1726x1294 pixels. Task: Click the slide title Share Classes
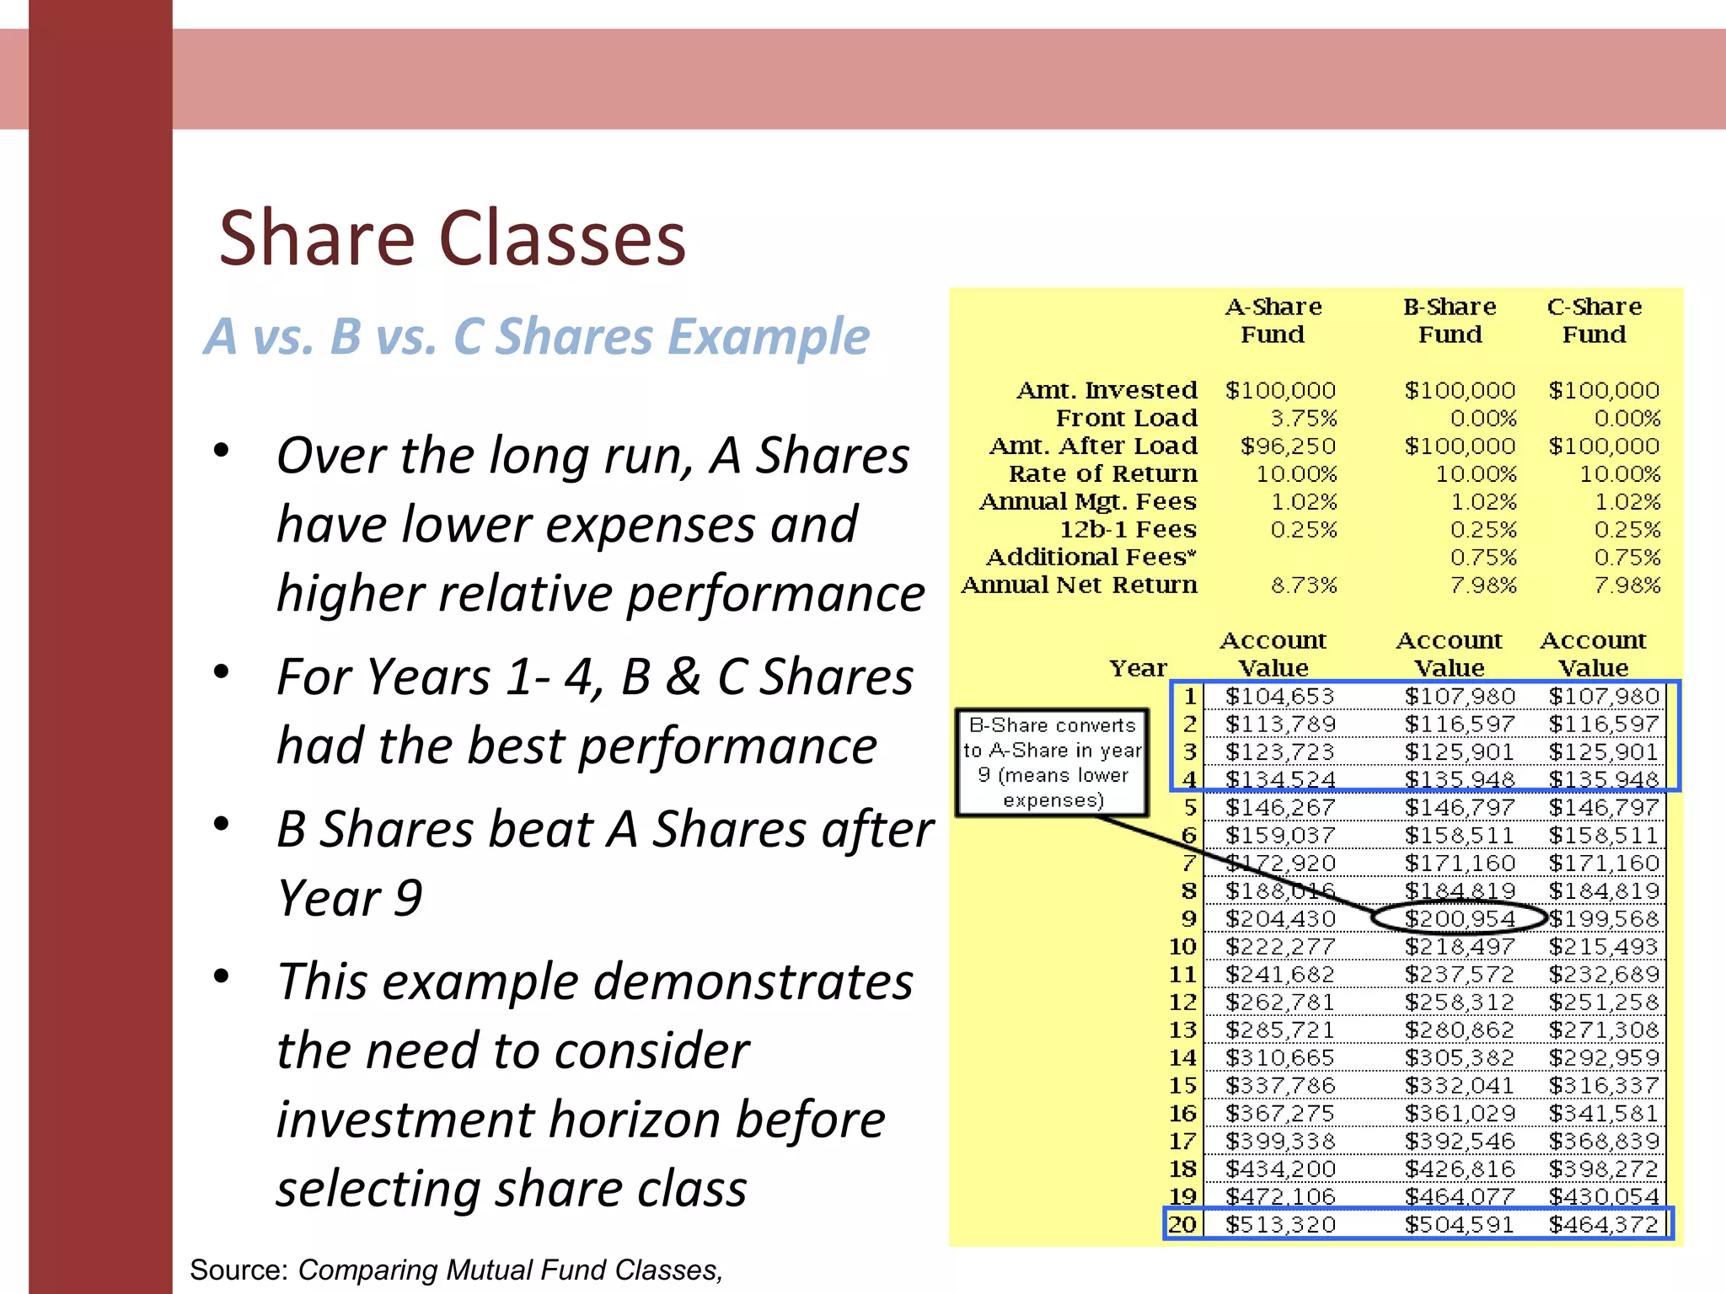(453, 238)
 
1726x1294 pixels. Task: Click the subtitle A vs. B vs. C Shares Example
(537, 336)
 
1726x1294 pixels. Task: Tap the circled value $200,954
(1460, 918)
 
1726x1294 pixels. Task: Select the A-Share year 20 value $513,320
(1280, 1224)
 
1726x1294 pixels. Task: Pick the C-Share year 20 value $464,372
(1603, 1224)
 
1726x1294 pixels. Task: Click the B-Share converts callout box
(1052, 762)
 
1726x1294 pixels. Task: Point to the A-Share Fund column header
(1273, 320)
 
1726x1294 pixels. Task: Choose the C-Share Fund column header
(1594, 320)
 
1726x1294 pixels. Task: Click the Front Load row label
(1126, 418)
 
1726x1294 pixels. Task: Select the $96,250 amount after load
(1288, 446)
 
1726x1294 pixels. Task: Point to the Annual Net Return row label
(1079, 585)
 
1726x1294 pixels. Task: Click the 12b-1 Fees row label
(1128, 529)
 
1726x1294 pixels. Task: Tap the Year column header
(1138, 668)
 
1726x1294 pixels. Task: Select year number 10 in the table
(1182, 946)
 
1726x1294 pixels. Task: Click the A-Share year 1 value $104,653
(1280, 696)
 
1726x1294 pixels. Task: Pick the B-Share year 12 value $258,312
(1460, 1002)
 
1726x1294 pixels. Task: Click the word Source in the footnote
(239, 1270)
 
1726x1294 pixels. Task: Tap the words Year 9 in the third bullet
(350, 898)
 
